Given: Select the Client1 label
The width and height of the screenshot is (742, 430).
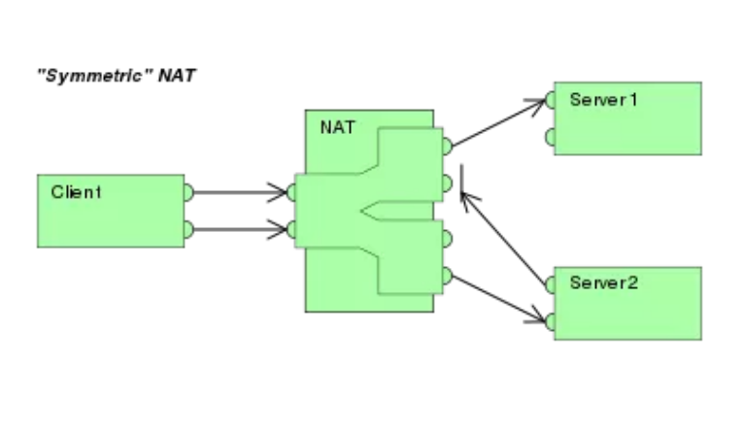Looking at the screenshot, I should [x=76, y=192].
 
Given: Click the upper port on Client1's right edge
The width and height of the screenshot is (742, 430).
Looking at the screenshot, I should [x=188, y=192].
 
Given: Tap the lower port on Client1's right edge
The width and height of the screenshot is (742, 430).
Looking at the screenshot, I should [x=188, y=230].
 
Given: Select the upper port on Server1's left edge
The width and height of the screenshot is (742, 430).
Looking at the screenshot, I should [x=551, y=99].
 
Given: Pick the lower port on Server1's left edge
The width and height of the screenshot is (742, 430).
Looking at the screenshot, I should [x=551, y=137].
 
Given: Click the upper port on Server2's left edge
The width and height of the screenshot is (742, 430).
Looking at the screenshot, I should [x=551, y=283].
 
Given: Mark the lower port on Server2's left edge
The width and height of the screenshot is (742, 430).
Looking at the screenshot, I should [x=551, y=320].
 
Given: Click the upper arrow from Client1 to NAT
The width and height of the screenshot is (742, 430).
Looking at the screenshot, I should [x=238, y=192].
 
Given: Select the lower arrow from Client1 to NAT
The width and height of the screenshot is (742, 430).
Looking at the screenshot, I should [x=238, y=230].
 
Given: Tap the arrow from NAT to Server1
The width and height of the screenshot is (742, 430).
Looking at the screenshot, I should [x=497, y=123].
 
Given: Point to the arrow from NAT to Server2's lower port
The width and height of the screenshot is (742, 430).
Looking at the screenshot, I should [x=497, y=298].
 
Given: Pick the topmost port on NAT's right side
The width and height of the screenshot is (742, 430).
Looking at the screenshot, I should [x=447, y=147].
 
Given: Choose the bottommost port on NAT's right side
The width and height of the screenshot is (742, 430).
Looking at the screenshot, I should [x=447, y=276].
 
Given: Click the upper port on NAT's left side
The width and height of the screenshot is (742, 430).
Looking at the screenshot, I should [x=292, y=192].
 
